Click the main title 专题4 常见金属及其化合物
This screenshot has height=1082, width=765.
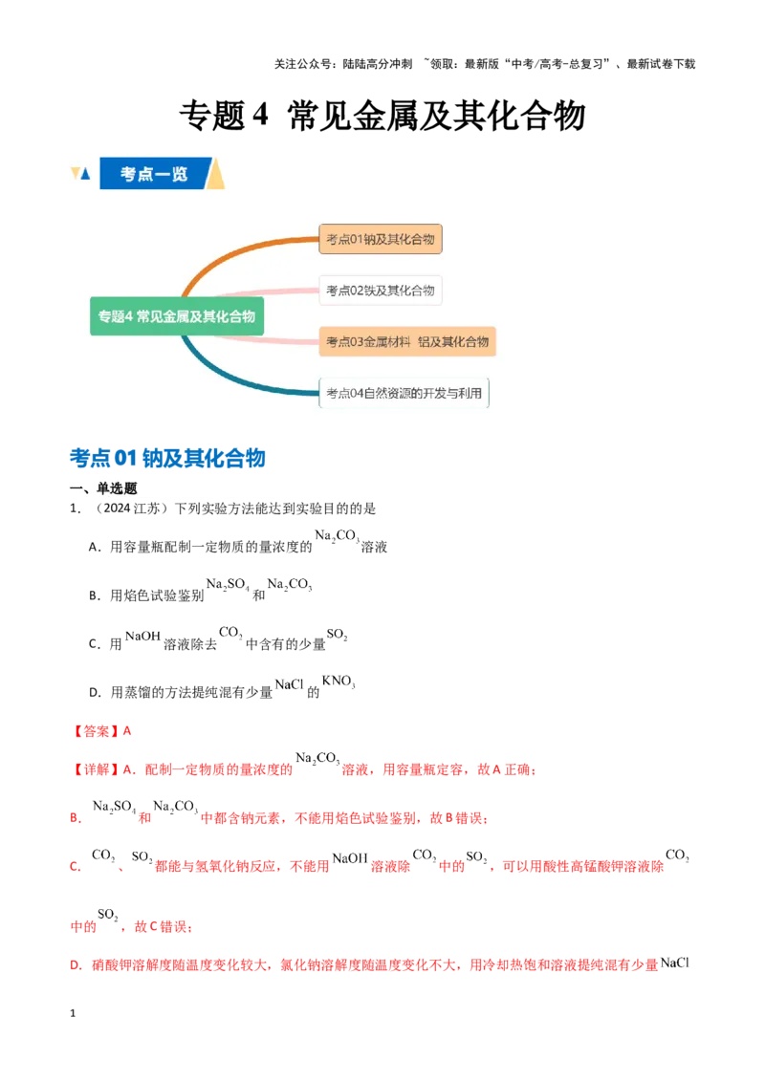tap(382, 115)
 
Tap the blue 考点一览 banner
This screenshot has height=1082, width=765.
tap(153, 173)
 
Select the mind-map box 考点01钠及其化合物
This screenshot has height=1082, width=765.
tap(381, 239)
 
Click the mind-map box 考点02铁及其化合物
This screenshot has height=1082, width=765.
tap(381, 291)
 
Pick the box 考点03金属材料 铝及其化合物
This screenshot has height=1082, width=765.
tap(407, 341)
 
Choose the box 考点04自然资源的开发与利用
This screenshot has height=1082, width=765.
tap(404, 394)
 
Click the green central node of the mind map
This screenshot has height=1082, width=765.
tap(177, 316)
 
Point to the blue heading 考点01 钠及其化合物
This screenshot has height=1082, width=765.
tap(167, 458)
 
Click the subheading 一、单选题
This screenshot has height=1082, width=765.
tap(103, 488)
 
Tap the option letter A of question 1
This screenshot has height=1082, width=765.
tap(94, 547)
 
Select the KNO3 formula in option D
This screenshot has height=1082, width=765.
tap(339, 682)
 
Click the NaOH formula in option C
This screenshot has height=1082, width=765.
tap(142, 637)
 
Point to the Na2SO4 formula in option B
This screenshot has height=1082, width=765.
tap(228, 584)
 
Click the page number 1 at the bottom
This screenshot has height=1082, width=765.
tap(73, 1013)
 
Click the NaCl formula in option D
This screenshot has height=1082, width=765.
tap(290, 684)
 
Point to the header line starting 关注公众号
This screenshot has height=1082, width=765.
tap(485, 63)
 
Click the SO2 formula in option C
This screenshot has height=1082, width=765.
tap(337, 634)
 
